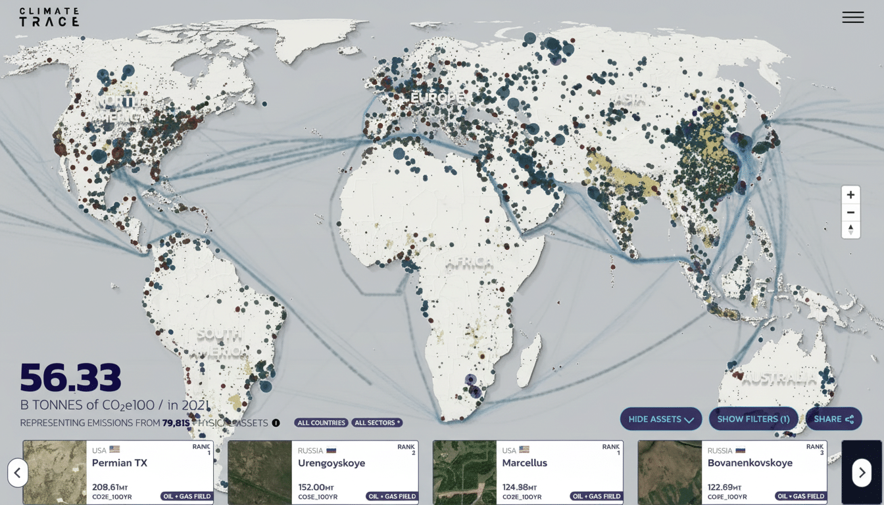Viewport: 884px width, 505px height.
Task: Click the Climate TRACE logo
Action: click(x=49, y=17)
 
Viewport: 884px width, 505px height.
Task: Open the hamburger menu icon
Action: click(x=852, y=18)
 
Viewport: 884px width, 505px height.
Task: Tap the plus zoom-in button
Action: click(x=850, y=195)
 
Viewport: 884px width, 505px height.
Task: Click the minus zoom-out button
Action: click(x=850, y=212)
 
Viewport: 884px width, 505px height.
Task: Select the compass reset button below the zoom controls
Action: click(x=850, y=229)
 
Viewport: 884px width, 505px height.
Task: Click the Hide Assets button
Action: click(x=660, y=419)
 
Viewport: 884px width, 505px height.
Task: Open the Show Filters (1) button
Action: click(x=753, y=419)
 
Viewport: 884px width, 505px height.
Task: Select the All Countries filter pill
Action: click(x=321, y=423)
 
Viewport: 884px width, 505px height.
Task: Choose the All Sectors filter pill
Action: click(x=377, y=423)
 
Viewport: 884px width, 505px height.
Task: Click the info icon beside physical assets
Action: click(x=276, y=423)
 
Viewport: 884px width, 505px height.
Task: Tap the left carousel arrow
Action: click(x=18, y=472)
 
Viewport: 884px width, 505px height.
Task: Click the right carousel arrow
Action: click(x=862, y=472)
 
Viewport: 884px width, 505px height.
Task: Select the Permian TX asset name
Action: click(x=120, y=463)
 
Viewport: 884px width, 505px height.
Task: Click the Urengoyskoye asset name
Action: click(x=331, y=463)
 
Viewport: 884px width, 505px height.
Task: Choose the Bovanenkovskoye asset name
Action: click(x=750, y=463)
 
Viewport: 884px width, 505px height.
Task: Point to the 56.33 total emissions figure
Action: click(x=71, y=377)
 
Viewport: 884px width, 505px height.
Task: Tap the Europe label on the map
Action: click(x=437, y=98)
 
